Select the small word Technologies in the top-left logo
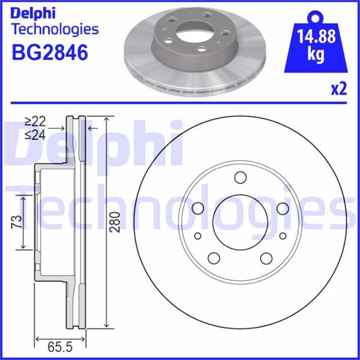55,28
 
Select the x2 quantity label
340,89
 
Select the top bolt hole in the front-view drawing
241,178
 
